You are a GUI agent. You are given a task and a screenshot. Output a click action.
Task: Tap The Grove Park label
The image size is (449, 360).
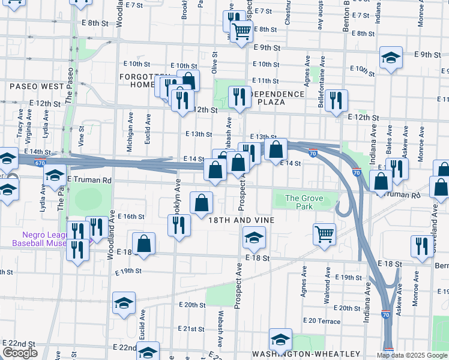coord(299,203)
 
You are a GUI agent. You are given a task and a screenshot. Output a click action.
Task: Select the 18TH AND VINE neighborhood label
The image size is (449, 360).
coord(241,220)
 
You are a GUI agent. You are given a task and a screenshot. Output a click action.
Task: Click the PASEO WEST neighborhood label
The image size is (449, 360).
coord(37,86)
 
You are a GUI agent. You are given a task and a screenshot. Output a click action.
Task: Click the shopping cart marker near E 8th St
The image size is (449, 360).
coord(241,31)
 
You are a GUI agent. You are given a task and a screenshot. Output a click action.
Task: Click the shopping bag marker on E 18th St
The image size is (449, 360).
coord(144,244)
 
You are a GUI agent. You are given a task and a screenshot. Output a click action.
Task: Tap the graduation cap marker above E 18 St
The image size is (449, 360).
coord(254,238)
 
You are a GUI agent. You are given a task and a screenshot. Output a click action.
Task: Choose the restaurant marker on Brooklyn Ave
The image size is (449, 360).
coord(178,225)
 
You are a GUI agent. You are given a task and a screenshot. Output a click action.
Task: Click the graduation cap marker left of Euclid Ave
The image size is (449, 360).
coord(124,303)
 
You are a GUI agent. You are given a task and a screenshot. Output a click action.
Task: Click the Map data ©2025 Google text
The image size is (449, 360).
coord(412,355)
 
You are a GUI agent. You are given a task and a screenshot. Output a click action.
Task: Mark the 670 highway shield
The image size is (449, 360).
coord(40,163)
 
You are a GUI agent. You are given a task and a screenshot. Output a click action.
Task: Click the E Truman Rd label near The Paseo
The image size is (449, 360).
coord(89,180)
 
